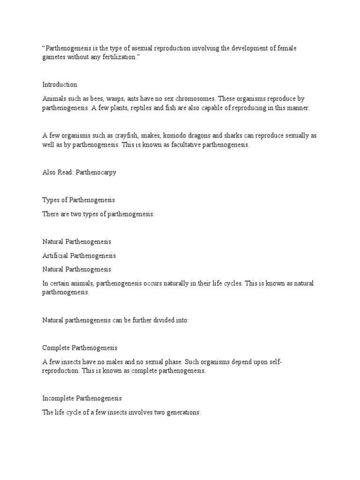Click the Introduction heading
tap(60, 85)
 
